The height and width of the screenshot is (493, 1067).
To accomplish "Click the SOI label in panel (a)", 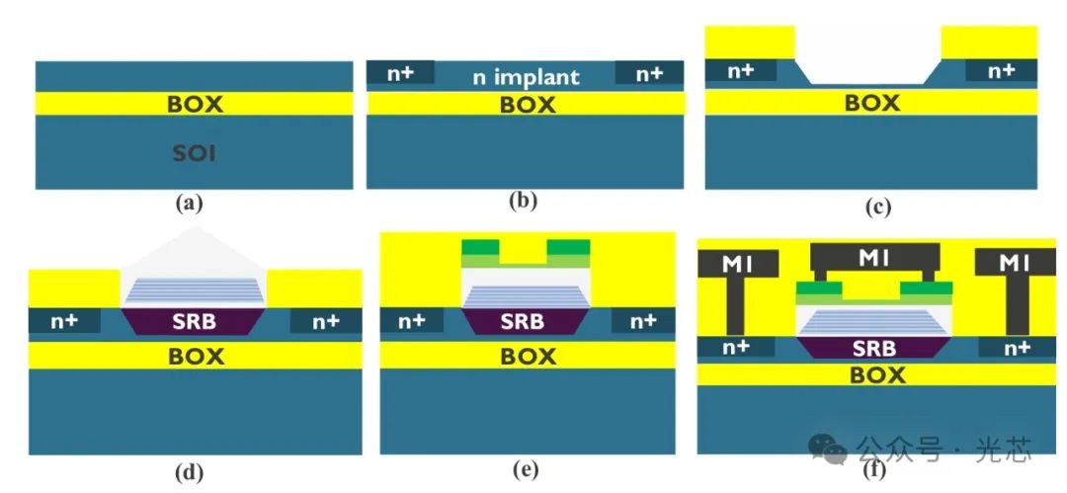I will click(x=194, y=155).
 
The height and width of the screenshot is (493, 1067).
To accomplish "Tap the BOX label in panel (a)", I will click(x=195, y=103).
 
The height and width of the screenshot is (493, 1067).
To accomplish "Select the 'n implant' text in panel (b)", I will click(x=525, y=76).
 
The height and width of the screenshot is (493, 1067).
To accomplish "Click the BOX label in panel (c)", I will click(x=872, y=102).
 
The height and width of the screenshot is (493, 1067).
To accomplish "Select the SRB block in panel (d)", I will click(x=193, y=322).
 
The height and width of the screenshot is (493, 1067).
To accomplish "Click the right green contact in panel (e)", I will click(x=568, y=247).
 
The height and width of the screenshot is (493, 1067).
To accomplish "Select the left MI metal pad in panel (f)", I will click(x=738, y=263).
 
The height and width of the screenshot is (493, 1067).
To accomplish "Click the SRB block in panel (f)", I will click(x=873, y=348).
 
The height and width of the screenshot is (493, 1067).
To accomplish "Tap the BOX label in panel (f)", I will click(x=877, y=375).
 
